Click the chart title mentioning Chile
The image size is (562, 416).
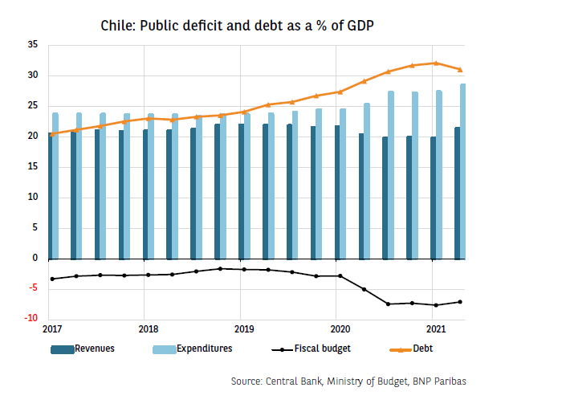click(x=237, y=25)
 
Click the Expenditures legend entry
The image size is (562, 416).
click(x=202, y=349)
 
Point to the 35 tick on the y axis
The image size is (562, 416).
click(x=34, y=45)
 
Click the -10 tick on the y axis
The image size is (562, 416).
click(x=31, y=319)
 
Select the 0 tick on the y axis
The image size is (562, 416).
click(x=36, y=259)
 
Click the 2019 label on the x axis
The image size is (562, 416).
click(x=244, y=328)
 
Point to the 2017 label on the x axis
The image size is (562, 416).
click(x=52, y=328)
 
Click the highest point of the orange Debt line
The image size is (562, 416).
click(x=435, y=63)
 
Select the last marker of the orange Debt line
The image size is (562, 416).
click(x=460, y=70)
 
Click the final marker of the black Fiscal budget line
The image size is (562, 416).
click(x=460, y=302)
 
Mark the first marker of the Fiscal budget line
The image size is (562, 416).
click(x=52, y=279)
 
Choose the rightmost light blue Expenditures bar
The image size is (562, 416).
click(x=463, y=171)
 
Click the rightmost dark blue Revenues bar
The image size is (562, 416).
click(x=457, y=193)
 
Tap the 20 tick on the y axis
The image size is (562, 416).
click(x=34, y=137)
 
